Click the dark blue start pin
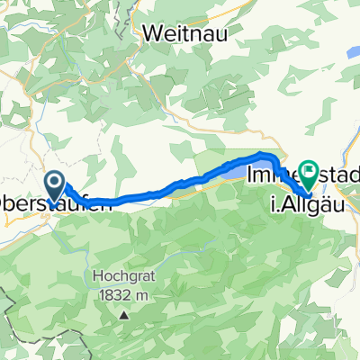(54, 186)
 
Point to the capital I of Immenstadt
(249, 168)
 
